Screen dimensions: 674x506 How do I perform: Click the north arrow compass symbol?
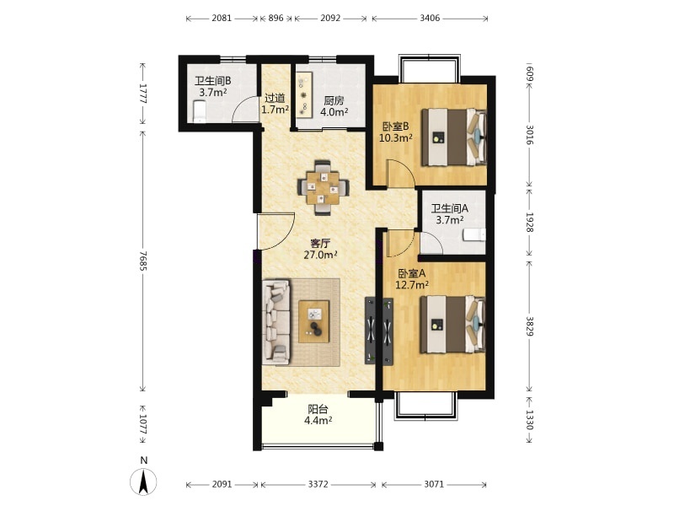pos(143,482)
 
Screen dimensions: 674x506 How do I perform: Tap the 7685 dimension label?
pos(142,261)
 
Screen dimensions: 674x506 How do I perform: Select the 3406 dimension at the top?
pos(430,18)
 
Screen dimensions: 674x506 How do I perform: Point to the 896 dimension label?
pos(276,18)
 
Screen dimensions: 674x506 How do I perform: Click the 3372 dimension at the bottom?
pos(318,484)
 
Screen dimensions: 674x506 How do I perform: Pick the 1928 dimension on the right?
pos(529,223)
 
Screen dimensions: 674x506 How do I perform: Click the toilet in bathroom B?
pos(199,111)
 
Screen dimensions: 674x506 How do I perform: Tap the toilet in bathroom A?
pos(474,235)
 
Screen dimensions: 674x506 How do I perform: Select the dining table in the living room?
pos(324,187)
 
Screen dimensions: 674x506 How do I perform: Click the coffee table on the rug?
pos(314,321)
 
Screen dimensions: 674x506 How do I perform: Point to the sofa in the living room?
pos(276,322)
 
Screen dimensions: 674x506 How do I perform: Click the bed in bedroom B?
pos(454,137)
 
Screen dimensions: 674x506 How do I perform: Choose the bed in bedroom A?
pos(452,324)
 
